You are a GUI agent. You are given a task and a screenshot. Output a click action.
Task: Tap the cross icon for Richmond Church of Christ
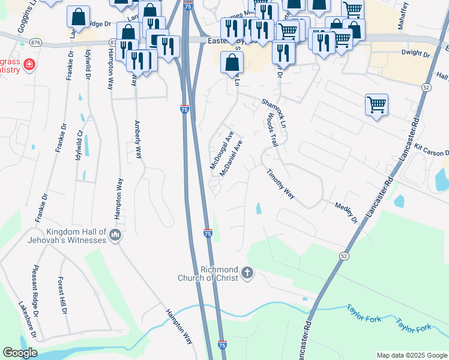pyautogui.click(x=247, y=274)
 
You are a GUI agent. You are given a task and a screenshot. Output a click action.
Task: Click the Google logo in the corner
pyautogui.click(x=20, y=353)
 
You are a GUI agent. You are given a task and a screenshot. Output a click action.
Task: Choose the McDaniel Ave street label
pyautogui.click(x=231, y=158)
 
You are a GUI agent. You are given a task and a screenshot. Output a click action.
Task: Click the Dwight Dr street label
pyautogui.click(x=416, y=54)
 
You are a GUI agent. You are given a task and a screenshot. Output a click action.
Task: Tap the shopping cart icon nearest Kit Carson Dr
pyautogui.click(x=376, y=104)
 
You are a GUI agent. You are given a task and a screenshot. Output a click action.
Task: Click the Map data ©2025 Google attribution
pyautogui.click(x=411, y=355)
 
